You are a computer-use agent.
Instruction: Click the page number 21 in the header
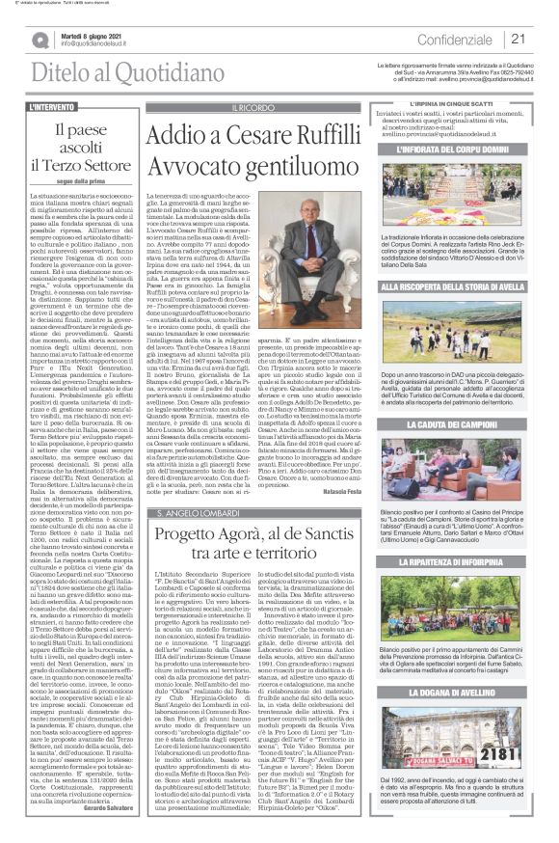point(518,39)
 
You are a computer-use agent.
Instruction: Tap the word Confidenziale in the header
point(460,39)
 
